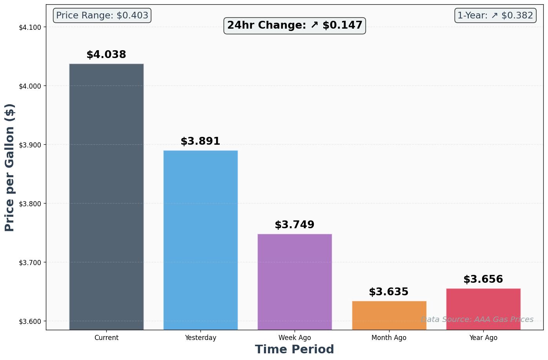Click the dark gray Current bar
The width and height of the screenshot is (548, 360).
106,196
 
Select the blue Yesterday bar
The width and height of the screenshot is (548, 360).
200,240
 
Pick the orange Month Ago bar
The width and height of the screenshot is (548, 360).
389,315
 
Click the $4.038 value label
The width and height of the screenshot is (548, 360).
106,55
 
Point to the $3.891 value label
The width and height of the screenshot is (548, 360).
200,142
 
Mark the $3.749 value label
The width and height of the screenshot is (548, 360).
295,225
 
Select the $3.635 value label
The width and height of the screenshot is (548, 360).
389,292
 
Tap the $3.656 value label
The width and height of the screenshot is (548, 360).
483,280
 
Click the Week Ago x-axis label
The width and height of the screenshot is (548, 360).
295,338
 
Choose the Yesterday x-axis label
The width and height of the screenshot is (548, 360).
200,338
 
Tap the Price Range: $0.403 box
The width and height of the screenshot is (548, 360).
102,16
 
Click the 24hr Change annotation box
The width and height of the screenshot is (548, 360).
295,25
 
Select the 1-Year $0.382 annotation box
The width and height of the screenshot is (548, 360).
495,16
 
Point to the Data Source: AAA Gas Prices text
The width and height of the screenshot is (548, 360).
477,320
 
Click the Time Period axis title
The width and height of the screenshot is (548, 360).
295,349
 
